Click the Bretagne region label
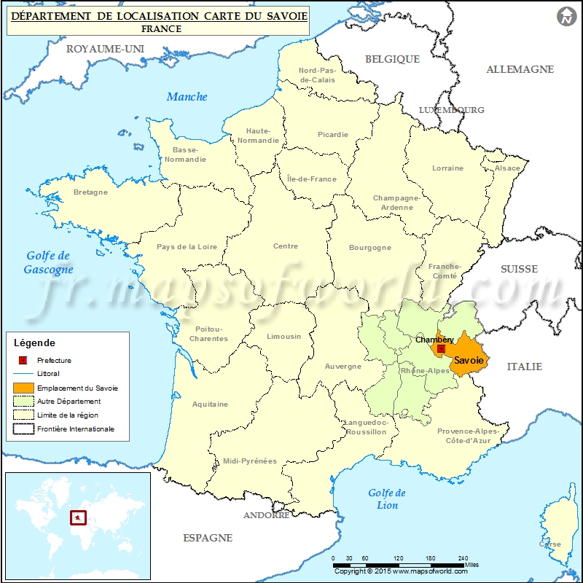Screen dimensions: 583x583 tap(90, 192)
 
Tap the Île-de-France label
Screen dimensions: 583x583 tap(312, 179)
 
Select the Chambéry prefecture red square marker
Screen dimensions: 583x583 tap(441, 349)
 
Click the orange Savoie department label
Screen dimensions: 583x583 tap(467, 360)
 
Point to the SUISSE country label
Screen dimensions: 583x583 tap(519, 269)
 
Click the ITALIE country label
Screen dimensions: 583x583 tap(525, 367)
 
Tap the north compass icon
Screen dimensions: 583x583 tap(566, 16)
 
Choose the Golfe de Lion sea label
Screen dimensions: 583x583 tap(387, 499)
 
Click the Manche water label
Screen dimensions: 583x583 tap(187, 96)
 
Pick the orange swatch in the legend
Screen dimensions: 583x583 tap(23, 388)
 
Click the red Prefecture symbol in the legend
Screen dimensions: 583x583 tap(23, 360)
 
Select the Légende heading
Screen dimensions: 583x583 tap(34, 343)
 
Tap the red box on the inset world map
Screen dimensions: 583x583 tap(77, 518)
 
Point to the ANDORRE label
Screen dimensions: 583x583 tap(266, 515)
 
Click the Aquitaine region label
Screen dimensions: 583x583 tap(210, 404)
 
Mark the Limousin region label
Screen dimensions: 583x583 tap(283, 337)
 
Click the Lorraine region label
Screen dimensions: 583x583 tap(447, 168)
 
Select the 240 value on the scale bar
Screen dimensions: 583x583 tap(463, 558)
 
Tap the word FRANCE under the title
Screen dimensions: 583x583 tap(161, 29)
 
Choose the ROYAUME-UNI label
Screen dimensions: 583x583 tap(106, 49)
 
